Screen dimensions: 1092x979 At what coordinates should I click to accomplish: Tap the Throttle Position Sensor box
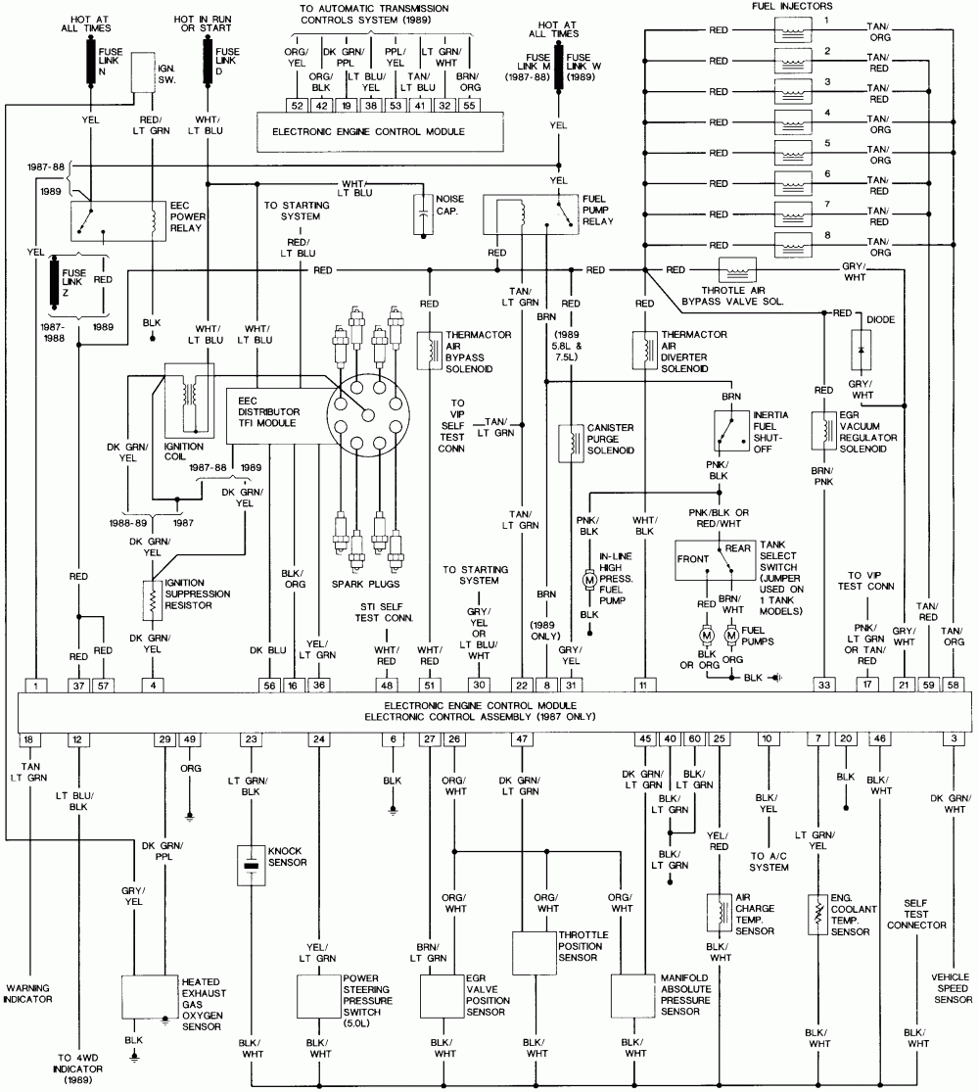pos(535,953)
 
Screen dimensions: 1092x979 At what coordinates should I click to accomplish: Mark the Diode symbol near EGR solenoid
pos(862,350)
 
